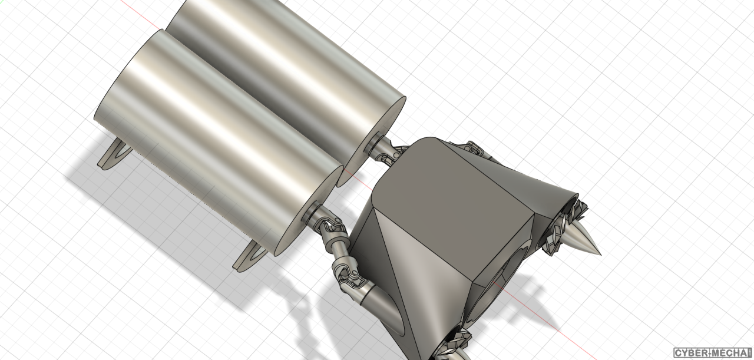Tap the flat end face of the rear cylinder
[x=371, y=141]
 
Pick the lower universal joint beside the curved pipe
[x=350, y=279]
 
